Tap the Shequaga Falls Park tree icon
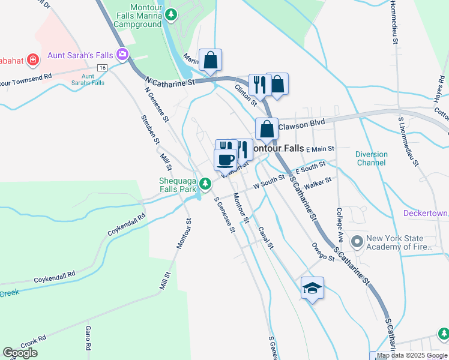click(x=205, y=183)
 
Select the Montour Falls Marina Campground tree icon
click(x=172, y=14)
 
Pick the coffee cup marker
click(x=226, y=160)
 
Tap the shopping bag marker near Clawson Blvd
click(x=267, y=129)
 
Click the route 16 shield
click(x=103, y=68)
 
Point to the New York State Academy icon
click(x=358, y=242)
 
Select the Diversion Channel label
click(x=371, y=158)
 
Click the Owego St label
click(x=323, y=252)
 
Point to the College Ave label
click(x=339, y=220)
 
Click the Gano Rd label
click(x=88, y=338)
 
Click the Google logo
click(x=20, y=353)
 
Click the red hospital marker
click(x=32, y=60)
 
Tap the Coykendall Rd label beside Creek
click(x=55, y=277)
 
